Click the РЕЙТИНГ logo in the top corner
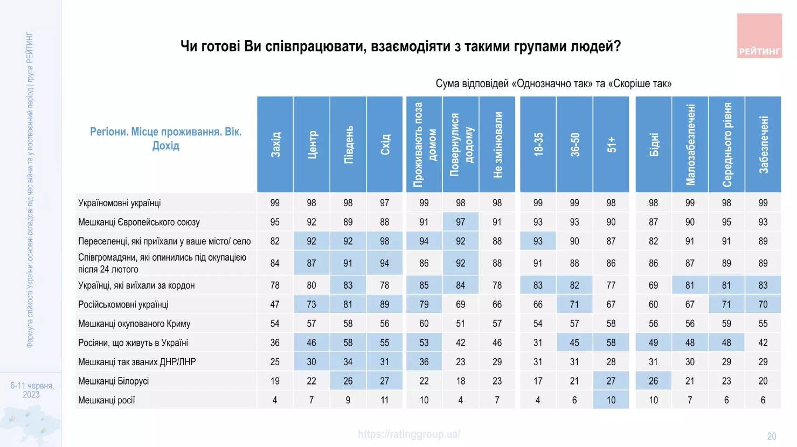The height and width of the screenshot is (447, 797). tap(759, 36)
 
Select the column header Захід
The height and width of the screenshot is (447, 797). tap(275, 144)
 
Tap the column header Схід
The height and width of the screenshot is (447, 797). tap(385, 144)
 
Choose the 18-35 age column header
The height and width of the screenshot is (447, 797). tap(538, 144)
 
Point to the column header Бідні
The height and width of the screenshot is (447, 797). tap(654, 144)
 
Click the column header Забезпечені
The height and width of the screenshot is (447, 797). tap(763, 144)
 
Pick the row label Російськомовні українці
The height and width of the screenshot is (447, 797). tap(123, 304)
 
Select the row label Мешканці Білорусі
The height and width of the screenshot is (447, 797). tap(114, 381)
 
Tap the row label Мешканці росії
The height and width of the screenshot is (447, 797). tap(107, 400)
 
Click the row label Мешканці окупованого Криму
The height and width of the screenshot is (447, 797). tap(134, 324)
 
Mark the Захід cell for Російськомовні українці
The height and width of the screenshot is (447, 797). tap(275, 304)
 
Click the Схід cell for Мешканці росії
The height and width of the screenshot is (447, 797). tap(384, 400)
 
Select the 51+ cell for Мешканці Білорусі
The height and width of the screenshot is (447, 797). tap(611, 381)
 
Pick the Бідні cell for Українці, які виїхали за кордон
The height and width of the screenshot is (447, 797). tap(653, 285)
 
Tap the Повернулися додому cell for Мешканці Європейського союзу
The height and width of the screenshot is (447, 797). tap(460, 222)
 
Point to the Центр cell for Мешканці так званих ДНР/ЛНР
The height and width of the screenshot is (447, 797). tap(311, 362)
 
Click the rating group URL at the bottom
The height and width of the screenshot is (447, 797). tap(409, 434)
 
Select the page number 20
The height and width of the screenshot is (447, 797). tap(772, 436)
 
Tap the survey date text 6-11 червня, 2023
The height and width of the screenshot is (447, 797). tap(32, 390)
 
